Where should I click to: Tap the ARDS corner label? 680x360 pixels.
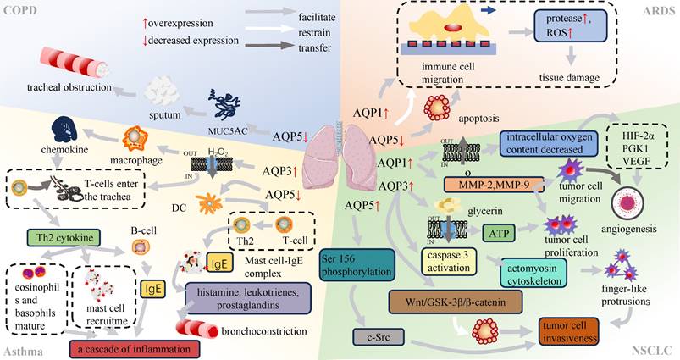(x=659, y=9)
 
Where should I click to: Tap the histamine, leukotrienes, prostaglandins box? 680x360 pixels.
(x=247, y=296)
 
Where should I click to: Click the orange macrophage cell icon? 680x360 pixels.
(x=138, y=138)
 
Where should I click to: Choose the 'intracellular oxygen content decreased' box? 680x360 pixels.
(x=555, y=144)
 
